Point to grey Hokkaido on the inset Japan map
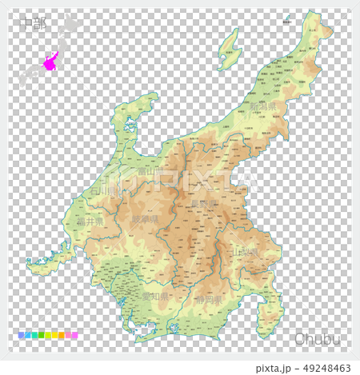coord(70,26)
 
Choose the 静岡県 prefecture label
coord(211,300)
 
